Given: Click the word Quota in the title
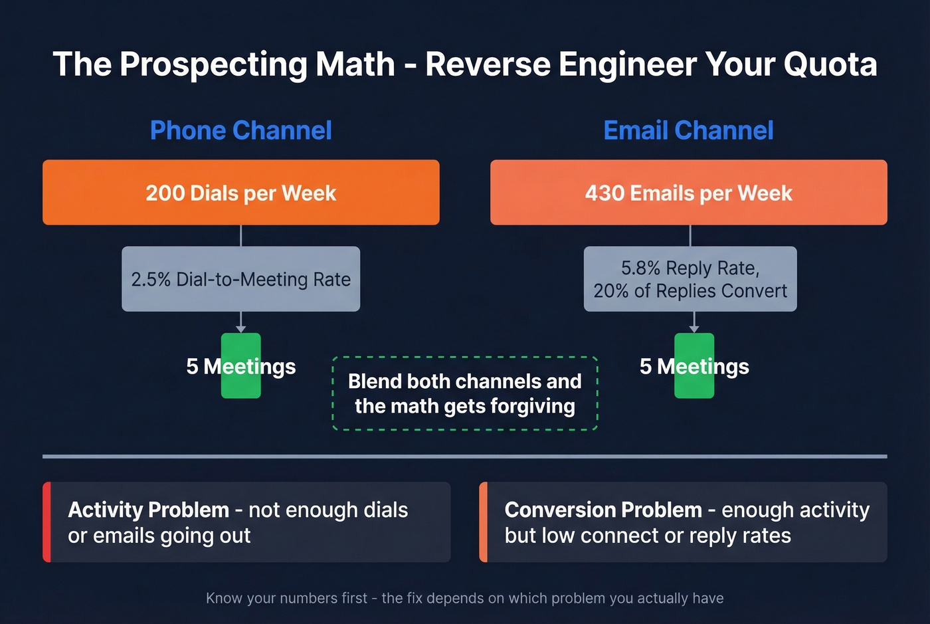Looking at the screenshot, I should click(x=830, y=64).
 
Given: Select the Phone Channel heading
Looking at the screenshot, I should click(x=240, y=130).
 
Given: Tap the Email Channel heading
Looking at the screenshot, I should click(x=688, y=130).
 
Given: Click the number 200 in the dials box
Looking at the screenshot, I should click(x=165, y=193).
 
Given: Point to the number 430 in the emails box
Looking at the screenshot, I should click(x=604, y=193).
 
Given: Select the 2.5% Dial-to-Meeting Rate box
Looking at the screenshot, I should click(x=240, y=279).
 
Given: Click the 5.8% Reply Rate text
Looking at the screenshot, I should click(x=690, y=268).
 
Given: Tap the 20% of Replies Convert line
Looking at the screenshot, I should click(x=690, y=291).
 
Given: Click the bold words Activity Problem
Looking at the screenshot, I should click(x=148, y=510).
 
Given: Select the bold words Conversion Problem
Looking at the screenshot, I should click(x=603, y=510).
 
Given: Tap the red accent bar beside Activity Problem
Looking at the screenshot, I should click(x=46, y=522).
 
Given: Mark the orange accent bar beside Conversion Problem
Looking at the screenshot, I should click(x=483, y=522).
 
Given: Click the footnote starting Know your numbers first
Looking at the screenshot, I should click(x=464, y=598).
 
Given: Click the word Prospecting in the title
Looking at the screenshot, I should click(x=213, y=64).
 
